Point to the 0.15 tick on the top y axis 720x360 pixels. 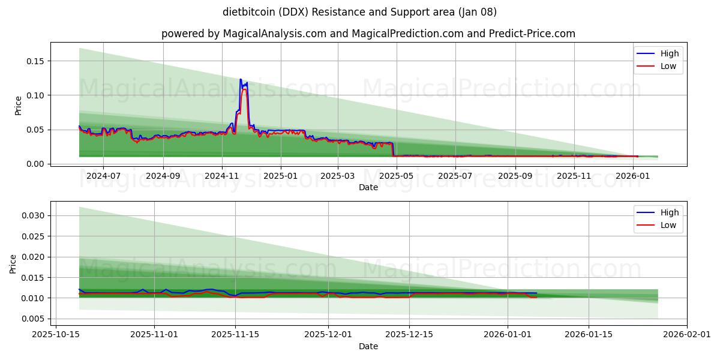[35, 61]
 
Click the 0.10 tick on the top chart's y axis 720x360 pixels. [35, 95]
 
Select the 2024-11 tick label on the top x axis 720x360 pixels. [222, 176]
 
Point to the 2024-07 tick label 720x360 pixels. [103, 176]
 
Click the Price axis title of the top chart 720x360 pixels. [18, 105]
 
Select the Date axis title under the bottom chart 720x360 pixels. [368, 346]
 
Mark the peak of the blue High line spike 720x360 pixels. [241, 79]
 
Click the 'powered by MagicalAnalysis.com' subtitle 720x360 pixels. [368, 34]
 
